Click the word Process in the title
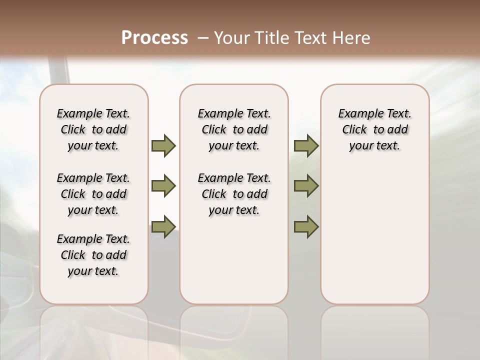coord(154,38)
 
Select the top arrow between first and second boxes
coord(163,146)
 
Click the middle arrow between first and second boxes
coord(163,186)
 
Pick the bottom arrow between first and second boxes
coord(163,226)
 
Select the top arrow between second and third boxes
coord(306,146)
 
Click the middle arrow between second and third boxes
coord(306,186)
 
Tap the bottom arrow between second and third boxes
coord(306,226)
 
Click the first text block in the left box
coord(93,129)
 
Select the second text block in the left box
coord(93,194)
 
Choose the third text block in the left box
coord(93,255)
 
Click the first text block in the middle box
coord(234,129)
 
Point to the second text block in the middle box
coord(234,194)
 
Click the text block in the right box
coord(374,129)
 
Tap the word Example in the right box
coord(356,114)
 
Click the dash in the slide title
coord(202,38)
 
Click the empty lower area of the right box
coord(374,235)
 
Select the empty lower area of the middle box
coord(234,260)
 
